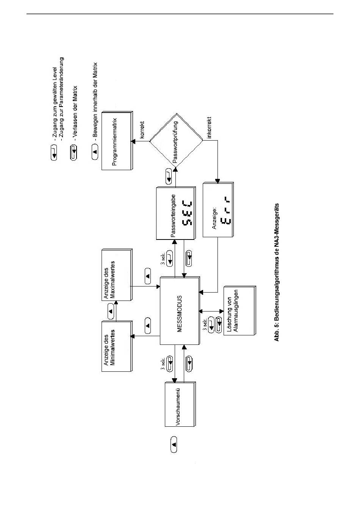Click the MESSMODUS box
(x=180, y=311)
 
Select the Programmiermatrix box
(x=116, y=141)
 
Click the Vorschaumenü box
(x=180, y=404)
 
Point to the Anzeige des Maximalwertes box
(x=116, y=275)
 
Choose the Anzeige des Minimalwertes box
(x=116, y=346)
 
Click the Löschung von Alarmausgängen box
(x=239, y=311)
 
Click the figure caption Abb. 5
(x=277, y=271)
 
